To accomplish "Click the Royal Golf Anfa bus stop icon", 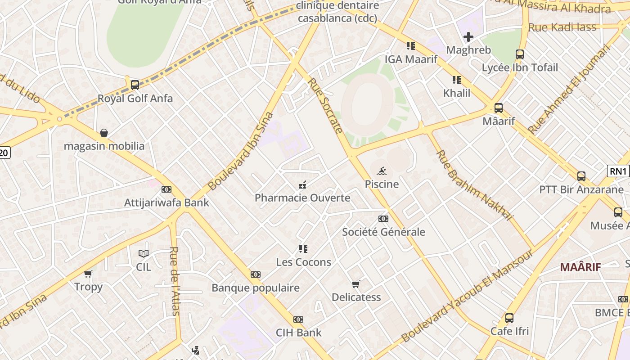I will click(x=135, y=85).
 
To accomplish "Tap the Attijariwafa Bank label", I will click(x=166, y=202).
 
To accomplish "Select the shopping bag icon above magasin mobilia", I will click(x=104, y=133).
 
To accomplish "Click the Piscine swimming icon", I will click(x=382, y=171).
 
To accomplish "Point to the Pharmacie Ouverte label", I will click(x=302, y=198).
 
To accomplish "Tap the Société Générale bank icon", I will click(x=383, y=219).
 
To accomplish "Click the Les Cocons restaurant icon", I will click(x=303, y=249).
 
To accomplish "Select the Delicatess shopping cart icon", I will click(x=356, y=284).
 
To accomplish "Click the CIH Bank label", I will click(x=298, y=333).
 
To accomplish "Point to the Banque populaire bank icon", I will click(x=255, y=274).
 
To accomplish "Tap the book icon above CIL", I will click(x=144, y=254).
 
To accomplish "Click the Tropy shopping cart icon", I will click(x=88, y=274).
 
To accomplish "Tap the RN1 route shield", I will click(x=618, y=171).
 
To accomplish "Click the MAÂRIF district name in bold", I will click(x=580, y=267).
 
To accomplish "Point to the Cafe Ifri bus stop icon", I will click(x=509, y=318).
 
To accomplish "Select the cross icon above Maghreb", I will click(x=468, y=37).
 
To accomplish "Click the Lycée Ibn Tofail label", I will click(x=520, y=68).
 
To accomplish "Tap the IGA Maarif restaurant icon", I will click(x=410, y=46).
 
